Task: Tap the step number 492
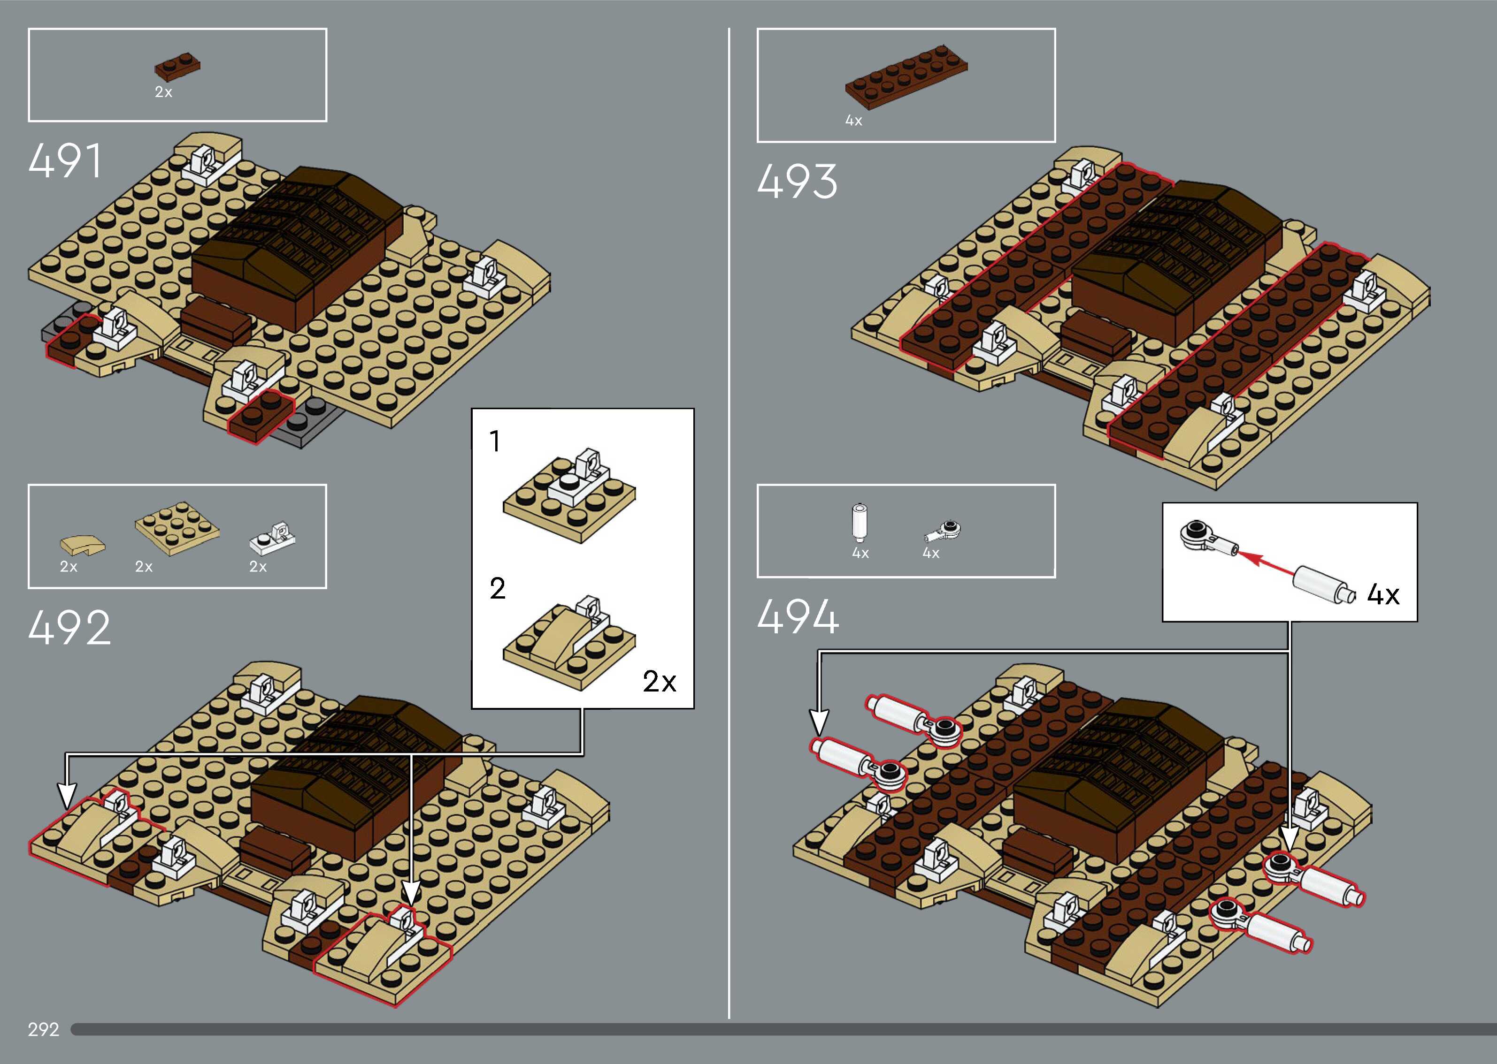(x=69, y=628)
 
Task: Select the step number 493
(x=797, y=182)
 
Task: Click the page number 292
(x=43, y=1029)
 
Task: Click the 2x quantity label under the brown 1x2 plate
(x=163, y=92)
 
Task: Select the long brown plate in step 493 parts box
(x=906, y=76)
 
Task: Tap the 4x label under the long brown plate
(x=853, y=121)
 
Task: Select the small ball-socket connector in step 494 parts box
(x=944, y=531)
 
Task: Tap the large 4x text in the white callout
(x=1383, y=594)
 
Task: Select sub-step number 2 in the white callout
(x=498, y=588)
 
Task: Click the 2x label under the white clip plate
(x=258, y=567)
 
